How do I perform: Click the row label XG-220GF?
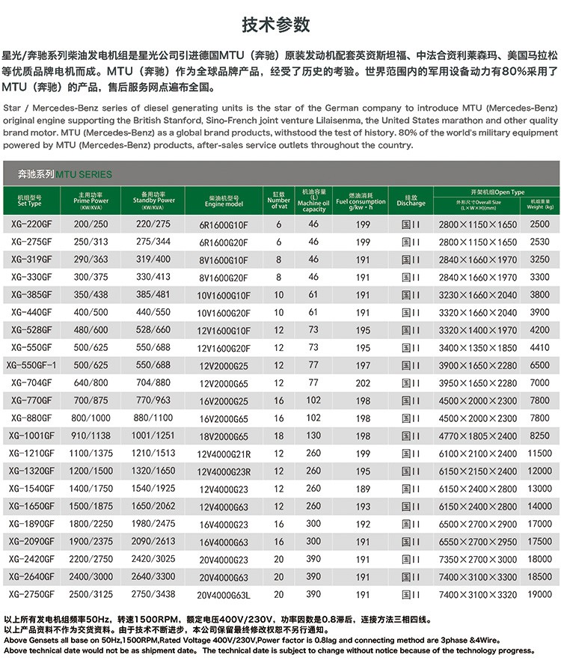[32, 224]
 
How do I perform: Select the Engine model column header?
[224, 201]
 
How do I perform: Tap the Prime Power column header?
[91, 201]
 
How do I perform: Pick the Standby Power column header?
[153, 201]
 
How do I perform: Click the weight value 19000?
[539, 593]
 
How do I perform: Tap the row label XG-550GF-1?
[32, 365]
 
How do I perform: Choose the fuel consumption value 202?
[364, 382]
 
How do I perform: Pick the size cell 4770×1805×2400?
[477, 436]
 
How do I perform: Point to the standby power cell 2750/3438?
[153, 593]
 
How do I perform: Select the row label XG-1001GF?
[32, 436]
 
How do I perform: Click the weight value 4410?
[539, 347]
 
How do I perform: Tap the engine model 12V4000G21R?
[224, 454]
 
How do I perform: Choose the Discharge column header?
[411, 201]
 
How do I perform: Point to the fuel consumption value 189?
[364, 489]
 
